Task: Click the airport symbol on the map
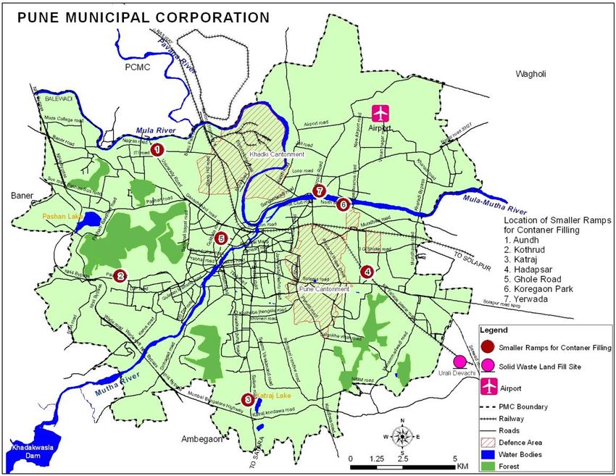pyautogui.click(x=380, y=114)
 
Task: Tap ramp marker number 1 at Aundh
pyautogui.click(x=155, y=149)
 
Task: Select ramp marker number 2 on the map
pyautogui.click(x=120, y=275)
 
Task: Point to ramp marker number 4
pyautogui.click(x=367, y=272)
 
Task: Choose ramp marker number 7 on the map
pyautogui.click(x=318, y=191)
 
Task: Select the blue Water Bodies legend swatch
pyautogui.click(x=488, y=455)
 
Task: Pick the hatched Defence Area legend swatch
pyautogui.click(x=488, y=442)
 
